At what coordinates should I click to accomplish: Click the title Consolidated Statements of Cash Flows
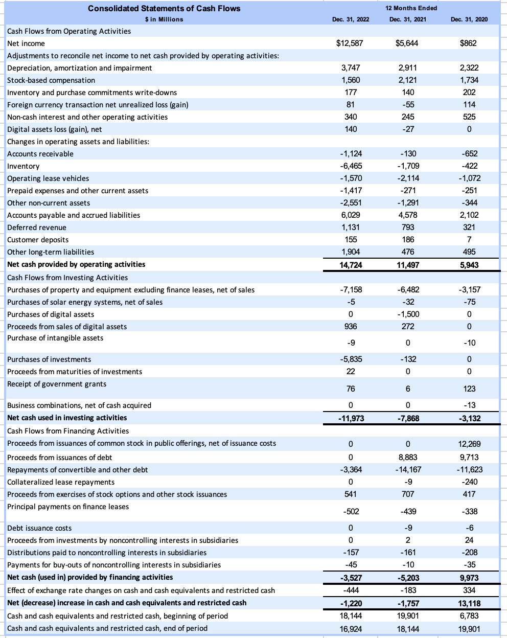pyautogui.click(x=164, y=8)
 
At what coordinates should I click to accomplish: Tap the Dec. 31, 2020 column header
pyautogui.click(x=469, y=19)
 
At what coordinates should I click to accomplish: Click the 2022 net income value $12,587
pyautogui.click(x=350, y=43)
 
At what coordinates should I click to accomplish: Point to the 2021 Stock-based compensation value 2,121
pyautogui.click(x=407, y=80)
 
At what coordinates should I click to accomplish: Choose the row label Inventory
pyautogui.click(x=24, y=166)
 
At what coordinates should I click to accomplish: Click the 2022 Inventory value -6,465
pyautogui.click(x=351, y=166)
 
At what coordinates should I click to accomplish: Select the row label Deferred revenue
pyautogui.click(x=37, y=227)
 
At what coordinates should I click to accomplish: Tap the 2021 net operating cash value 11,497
pyautogui.click(x=407, y=265)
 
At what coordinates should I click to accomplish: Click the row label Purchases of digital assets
pyautogui.click(x=51, y=314)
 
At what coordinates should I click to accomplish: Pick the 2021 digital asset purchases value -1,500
pyautogui.click(x=408, y=314)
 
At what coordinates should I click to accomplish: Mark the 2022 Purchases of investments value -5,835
pyautogui.click(x=351, y=359)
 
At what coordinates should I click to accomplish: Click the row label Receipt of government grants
pyautogui.click(x=57, y=384)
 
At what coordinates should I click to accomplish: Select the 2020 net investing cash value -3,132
pyautogui.click(x=469, y=419)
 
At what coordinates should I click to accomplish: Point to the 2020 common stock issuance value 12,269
pyautogui.click(x=469, y=444)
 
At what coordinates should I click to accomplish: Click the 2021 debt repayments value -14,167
pyautogui.click(x=407, y=470)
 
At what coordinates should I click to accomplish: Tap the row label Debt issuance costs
pyautogui.click(x=39, y=528)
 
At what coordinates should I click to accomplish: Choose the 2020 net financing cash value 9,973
pyautogui.click(x=469, y=578)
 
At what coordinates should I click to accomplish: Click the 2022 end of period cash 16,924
pyautogui.click(x=351, y=629)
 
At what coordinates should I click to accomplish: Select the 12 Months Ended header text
pyautogui.click(x=412, y=8)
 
